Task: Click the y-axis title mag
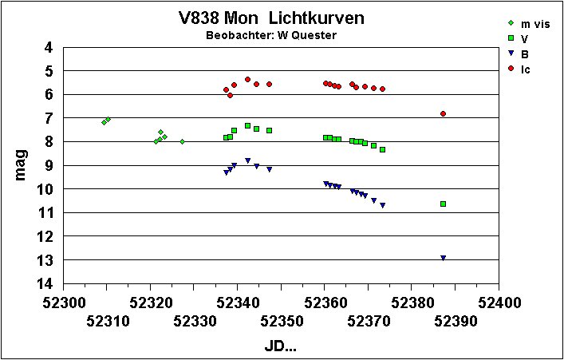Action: point(22,165)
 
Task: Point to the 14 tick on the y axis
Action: point(45,283)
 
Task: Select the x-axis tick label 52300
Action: point(63,303)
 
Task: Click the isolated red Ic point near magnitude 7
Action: point(443,114)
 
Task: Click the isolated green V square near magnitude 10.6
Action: point(443,204)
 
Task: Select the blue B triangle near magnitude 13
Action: point(443,258)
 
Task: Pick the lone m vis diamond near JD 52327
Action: point(182,142)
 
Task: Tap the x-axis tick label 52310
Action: point(107,321)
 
